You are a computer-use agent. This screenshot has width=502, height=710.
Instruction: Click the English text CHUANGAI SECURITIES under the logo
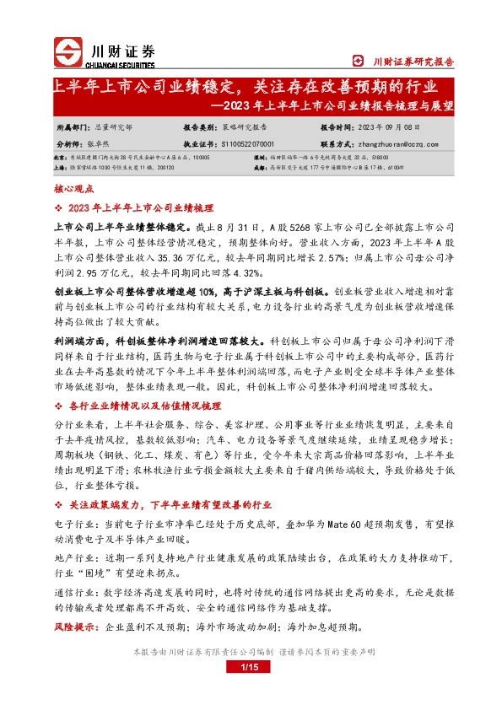[x=121, y=65]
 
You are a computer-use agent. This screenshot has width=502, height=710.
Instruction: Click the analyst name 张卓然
[x=106, y=143]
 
